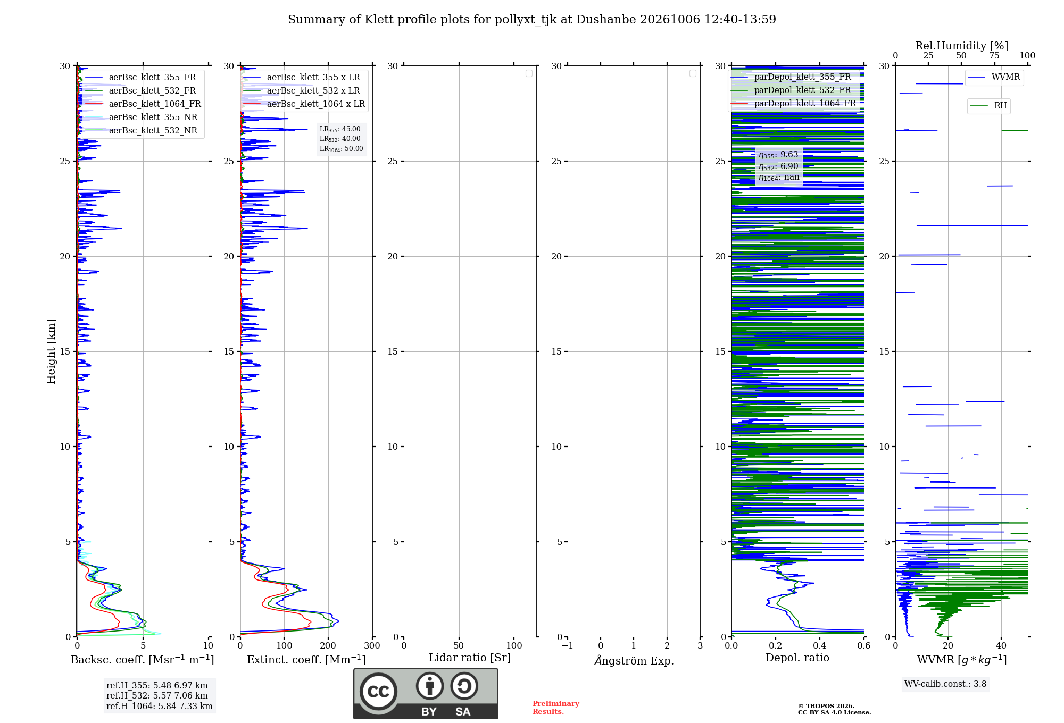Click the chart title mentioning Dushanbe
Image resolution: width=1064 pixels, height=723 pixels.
[x=532, y=20]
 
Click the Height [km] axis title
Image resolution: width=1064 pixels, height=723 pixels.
[x=51, y=351]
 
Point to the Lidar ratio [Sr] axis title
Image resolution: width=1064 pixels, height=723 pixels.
[x=470, y=658]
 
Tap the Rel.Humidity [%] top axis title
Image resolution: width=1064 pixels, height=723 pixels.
[x=962, y=46]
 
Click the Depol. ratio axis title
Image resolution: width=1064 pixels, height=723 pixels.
[x=797, y=658]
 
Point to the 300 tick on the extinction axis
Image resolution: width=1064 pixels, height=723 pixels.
[x=372, y=645]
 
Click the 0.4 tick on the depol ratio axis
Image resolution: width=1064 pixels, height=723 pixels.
[x=820, y=645]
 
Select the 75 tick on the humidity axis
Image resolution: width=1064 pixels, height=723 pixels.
[x=994, y=56]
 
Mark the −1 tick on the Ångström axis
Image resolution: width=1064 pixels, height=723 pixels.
[x=568, y=645]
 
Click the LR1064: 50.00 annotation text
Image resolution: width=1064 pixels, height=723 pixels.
[x=341, y=149]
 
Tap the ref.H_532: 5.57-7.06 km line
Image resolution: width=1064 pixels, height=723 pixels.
[x=157, y=695]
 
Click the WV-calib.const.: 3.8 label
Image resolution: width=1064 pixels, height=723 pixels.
[x=945, y=684]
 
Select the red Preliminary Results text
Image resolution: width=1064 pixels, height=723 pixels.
[x=556, y=708]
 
